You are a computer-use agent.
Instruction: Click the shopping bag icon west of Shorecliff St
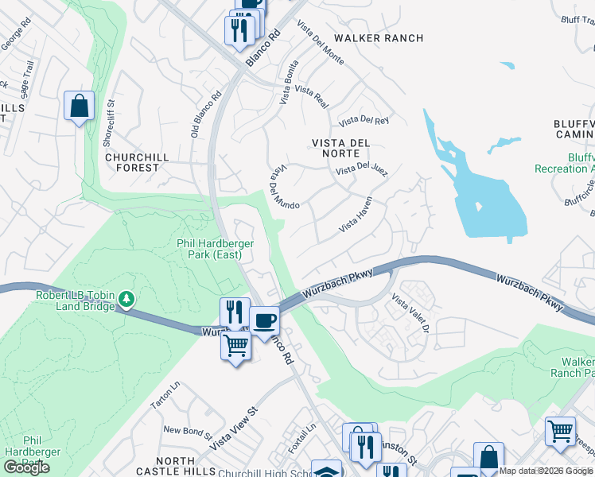click(79, 106)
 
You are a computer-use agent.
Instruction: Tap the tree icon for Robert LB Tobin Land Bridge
click(126, 299)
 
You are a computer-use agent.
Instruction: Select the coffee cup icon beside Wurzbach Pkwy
click(264, 320)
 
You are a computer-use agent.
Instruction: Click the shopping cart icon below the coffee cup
click(236, 347)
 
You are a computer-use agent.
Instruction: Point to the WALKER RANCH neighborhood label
click(379, 38)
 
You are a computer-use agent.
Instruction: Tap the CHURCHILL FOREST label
click(138, 162)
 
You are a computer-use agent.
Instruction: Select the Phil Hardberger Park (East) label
click(211, 249)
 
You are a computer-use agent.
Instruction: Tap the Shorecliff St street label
click(110, 123)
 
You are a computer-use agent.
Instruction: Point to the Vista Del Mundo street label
click(284, 188)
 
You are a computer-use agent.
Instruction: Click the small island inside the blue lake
click(479, 207)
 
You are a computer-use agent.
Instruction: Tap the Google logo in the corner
click(26, 467)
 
